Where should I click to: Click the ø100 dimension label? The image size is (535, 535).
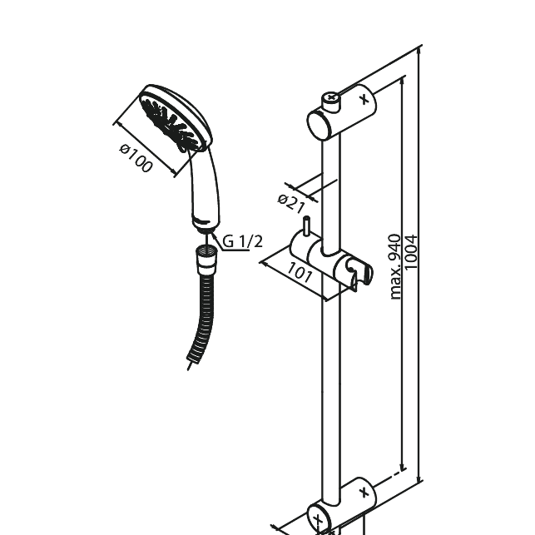(136, 159)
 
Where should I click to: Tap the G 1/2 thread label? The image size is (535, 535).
(240, 241)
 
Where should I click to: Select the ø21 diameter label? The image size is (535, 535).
(292, 203)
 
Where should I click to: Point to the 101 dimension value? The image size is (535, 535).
(300, 272)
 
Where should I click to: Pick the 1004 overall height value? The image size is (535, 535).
(412, 258)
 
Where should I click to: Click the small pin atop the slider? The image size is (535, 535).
(306, 226)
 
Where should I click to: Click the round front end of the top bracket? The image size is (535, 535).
(319, 126)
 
